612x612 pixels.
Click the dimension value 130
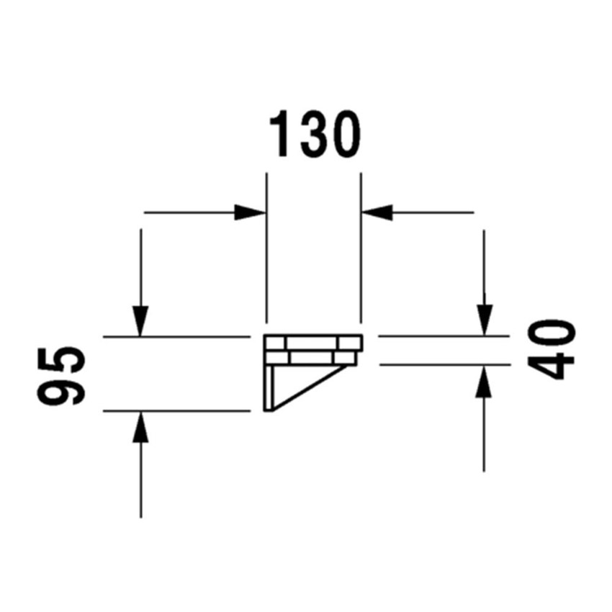[315, 134]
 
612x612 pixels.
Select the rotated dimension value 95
[60, 377]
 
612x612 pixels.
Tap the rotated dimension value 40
[551, 350]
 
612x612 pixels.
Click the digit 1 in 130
[279, 134]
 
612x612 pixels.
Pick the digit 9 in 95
[60, 391]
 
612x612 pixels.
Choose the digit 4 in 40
[551, 365]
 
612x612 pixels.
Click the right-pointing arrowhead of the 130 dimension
[250, 212]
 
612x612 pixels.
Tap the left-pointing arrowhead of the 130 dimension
[377, 212]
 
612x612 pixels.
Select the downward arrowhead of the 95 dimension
[140, 321]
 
